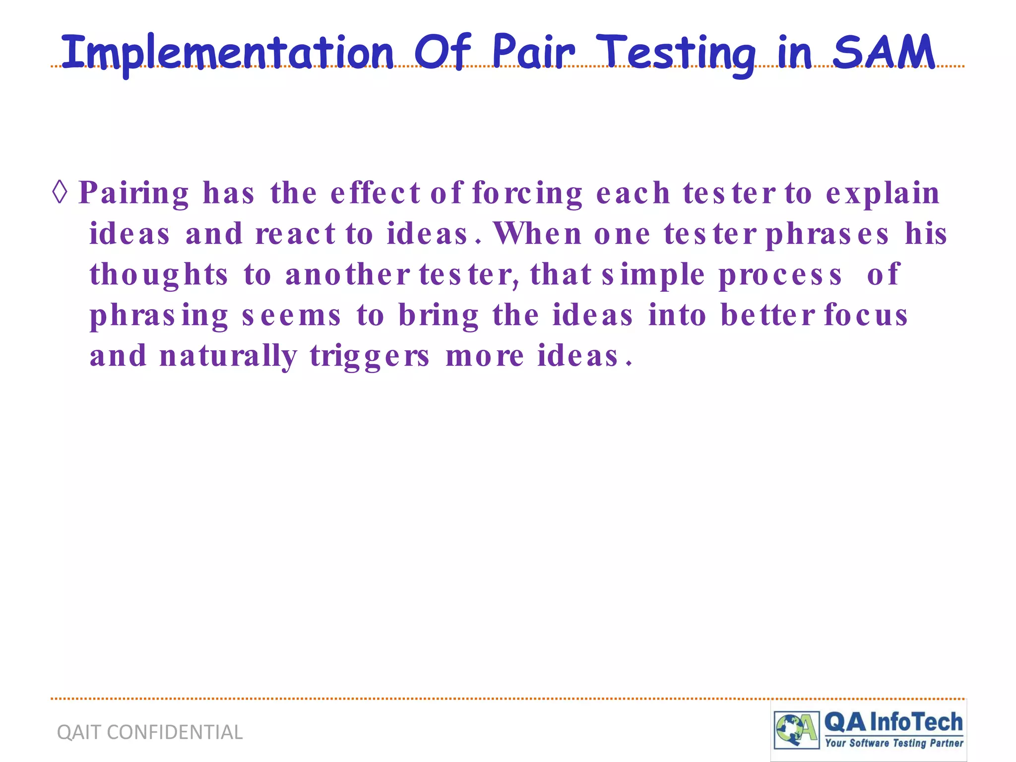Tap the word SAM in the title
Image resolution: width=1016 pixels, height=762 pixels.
pyautogui.click(x=884, y=52)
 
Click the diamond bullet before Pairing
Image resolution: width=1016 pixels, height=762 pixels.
pyautogui.click(x=60, y=192)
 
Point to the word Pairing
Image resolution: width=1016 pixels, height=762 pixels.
pyautogui.click(x=134, y=193)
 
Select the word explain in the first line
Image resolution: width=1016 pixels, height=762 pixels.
pyautogui.click(x=883, y=193)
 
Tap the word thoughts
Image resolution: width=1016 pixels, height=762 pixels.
pyautogui.click(x=159, y=275)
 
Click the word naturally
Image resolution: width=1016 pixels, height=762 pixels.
pyautogui.click(x=228, y=356)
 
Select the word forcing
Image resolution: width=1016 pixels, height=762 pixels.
pyautogui.click(x=527, y=193)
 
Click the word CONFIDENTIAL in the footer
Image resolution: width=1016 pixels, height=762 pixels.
pyautogui.click(x=175, y=732)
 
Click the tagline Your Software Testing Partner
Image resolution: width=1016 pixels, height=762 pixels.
pyautogui.click(x=894, y=743)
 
